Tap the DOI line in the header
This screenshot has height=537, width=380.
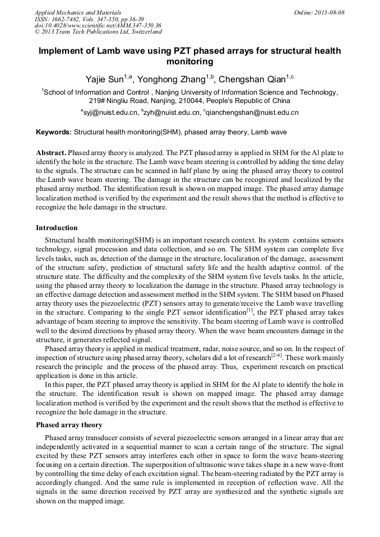point(98,25)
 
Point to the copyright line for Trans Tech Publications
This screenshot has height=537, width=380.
point(98,32)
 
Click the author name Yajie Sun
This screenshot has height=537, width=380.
point(104,79)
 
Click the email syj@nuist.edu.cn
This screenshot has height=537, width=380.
point(110,113)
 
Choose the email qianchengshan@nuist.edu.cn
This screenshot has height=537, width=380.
point(252,113)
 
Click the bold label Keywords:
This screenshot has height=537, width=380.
point(54,133)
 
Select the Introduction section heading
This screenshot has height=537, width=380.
point(57,228)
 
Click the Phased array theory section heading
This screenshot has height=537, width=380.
point(69,425)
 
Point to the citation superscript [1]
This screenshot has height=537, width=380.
point(251,309)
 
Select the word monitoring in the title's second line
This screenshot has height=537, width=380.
point(190,61)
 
